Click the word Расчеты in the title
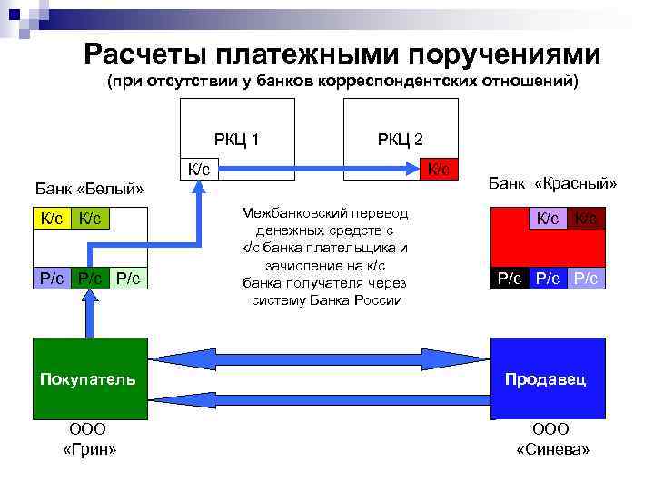[143, 54]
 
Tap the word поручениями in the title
[513, 54]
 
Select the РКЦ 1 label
[237, 139]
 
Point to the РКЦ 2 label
[401, 139]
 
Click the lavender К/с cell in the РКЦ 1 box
[199, 169]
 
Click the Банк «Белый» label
[89, 189]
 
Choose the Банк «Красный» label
[552, 183]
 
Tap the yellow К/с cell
[52, 218]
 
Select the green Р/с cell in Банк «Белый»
[90, 278]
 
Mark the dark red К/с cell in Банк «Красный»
[586, 218]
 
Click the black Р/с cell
[508, 278]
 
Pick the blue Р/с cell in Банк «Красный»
[547, 278]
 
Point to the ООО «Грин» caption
[88, 439]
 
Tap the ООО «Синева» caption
[551, 439]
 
